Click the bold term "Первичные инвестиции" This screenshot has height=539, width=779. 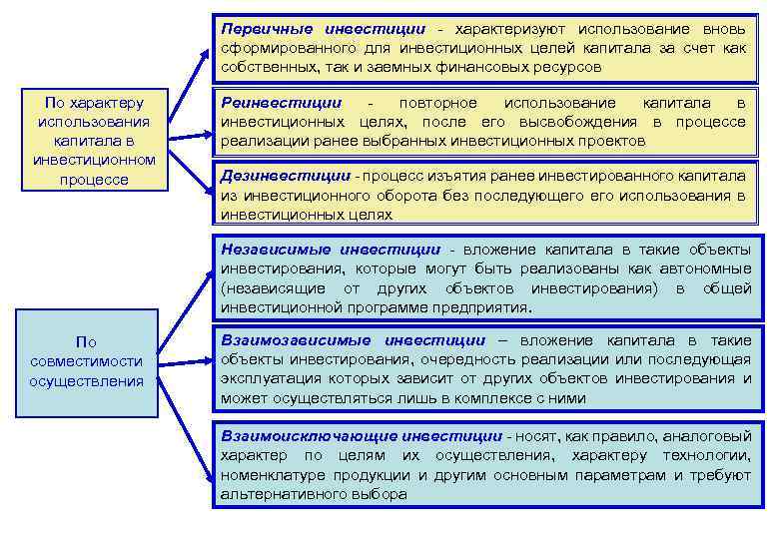pos(323,30)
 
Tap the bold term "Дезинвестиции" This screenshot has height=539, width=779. pos(285,176)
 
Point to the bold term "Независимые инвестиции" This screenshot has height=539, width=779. pos(331,250)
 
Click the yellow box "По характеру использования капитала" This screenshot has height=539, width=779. pos(94,141)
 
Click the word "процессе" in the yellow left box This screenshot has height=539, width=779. pos(94,180)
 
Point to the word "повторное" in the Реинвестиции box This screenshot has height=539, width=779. pos(437,103)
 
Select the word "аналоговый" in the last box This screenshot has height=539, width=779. pos(710,436)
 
